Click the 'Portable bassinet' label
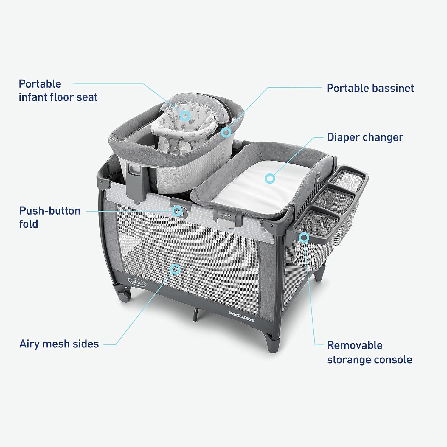[x=370, y=88]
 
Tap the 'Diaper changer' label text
[x=365, y=137]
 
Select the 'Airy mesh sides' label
[x=59, y=344]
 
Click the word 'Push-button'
[x=50, y=211]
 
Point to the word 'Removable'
[x=355, y=345]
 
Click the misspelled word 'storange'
[x=349, y=360]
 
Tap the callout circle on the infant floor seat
[x=185, y=115]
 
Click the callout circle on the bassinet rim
[x=226, y=131]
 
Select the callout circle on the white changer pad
[x=270, y=179]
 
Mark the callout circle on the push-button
[x=178, y=211]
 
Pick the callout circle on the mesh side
[x=175, y=269]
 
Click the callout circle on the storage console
[x=304, y=237]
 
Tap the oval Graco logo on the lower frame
[x=137, y=281]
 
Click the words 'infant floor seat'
[x=58, y=97]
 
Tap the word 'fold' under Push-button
[x=29, y=224]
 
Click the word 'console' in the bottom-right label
[x=393, y=360]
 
